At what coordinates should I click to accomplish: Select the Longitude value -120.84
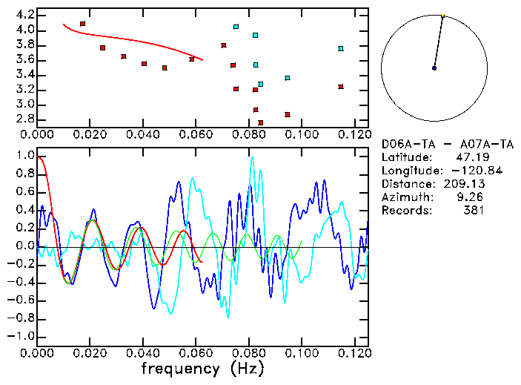pyautogui.click(x=462, y=171)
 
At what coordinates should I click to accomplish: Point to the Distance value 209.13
pyautogui.click(x=465, y=184)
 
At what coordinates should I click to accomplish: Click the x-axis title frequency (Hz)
pyautogui.click(x=202, y=369)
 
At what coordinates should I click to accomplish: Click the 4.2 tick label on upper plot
pyautogui.click(x=24, y=15)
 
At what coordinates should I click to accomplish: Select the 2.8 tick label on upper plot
pyautogui.click(x=24, y=119)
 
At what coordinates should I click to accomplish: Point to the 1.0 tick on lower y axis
pyautogui.click(x=24, y=157)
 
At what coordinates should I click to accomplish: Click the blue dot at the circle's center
pyautogui.click(x=434, y=68)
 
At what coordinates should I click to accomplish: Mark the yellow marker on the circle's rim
pyautogui.click(x=443, y=16)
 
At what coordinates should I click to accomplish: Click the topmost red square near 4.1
pyautogui.click(x=82, y=24)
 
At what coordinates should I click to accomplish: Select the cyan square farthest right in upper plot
pyautogui.click(x=341, y=49)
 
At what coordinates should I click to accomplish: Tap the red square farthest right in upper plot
pyautogui.click(x=341, y=87)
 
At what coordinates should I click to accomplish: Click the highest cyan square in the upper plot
pyautogui.click(x=236, y=27)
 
